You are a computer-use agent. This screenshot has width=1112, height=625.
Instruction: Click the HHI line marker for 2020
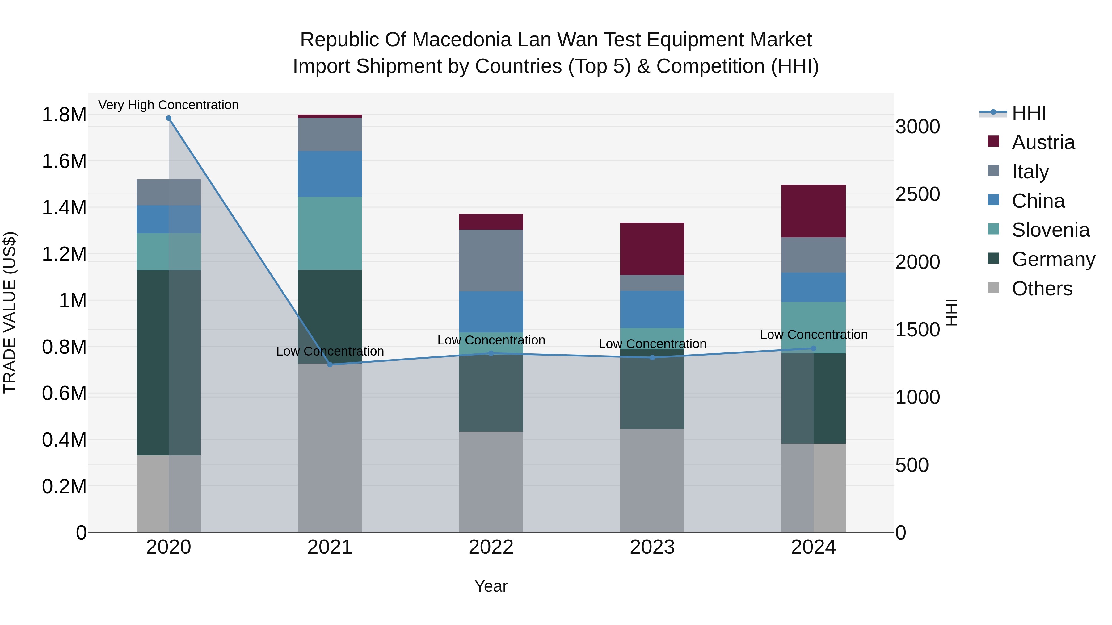click(x=169, y=118)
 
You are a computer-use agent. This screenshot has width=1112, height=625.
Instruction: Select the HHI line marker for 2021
click(x=330, y=365)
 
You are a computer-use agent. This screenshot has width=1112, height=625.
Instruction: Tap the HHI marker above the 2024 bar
click(x=813, y=348)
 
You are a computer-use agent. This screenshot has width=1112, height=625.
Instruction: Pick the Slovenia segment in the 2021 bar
click(x=330, y=233)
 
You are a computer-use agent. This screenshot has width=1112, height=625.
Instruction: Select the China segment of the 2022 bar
click(x=491, y=311)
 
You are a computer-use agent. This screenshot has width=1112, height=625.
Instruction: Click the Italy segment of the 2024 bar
click(x=813, y=255)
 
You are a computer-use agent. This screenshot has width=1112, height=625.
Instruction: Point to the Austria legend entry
click(x=1042, y=142)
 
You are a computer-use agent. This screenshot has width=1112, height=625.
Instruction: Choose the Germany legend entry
click(x=1053, y=259)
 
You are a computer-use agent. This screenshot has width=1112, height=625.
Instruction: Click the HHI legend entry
click(x=1028, y=113)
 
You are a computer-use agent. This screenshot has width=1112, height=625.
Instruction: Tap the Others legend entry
click(x=1042, y=289)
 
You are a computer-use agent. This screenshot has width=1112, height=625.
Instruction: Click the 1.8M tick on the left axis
click(x=64, y=115)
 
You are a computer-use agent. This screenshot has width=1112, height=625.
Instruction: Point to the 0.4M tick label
click(x=64, y=440)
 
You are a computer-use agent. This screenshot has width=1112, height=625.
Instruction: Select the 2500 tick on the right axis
click(x=917, y=194)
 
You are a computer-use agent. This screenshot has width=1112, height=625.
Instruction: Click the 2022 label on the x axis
click(x=491, y=547)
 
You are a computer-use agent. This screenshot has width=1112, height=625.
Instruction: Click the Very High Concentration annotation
click(x=168, y=105)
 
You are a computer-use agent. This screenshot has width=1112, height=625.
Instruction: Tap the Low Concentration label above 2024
click(x=813, y=334)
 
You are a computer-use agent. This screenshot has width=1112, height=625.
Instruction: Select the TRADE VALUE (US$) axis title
click(x=10, y=312)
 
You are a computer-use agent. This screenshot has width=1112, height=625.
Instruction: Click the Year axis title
click(x=491, y=586)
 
